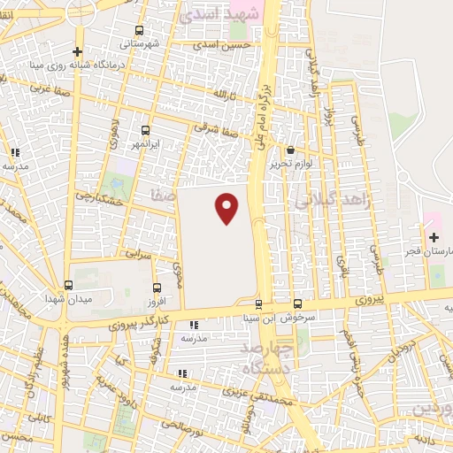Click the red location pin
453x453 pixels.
pos(227,208)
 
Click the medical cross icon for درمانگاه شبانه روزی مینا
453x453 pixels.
pos(78,51)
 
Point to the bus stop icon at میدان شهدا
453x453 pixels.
pos(69,285)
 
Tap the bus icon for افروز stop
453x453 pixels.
pos(157,288)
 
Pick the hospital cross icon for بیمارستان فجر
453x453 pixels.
pos(434,237)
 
